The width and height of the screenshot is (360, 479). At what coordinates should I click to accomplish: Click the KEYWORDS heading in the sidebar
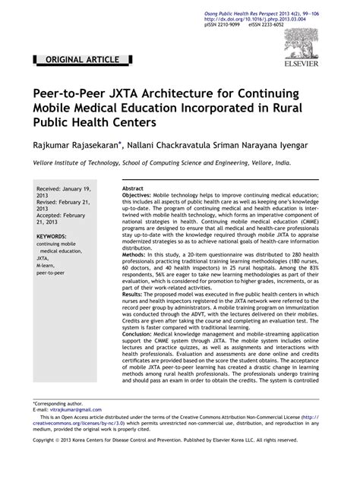(x=52, y=237)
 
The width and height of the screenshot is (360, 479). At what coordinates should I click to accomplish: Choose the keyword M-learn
(x=48, y=265)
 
